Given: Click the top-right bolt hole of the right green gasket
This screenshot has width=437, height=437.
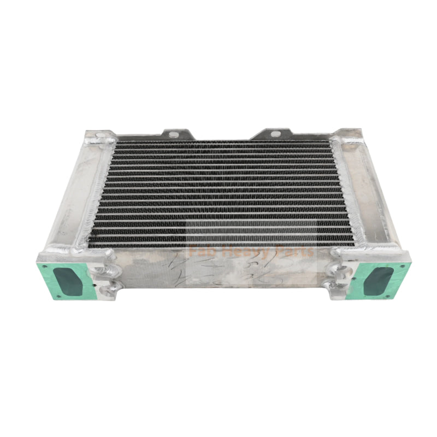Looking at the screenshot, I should pos(403,265).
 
